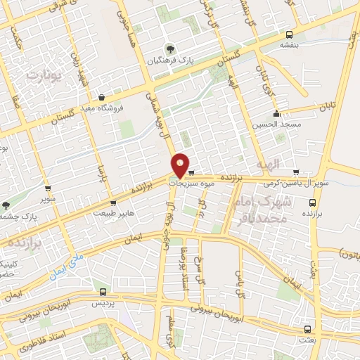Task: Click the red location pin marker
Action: coord(181,165)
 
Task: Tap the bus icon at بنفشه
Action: coord(290,34)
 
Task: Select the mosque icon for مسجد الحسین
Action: coord(277,113)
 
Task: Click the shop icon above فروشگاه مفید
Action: coord(102,97)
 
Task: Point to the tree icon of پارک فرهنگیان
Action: coord(169,49)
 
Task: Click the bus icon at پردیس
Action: coord(103,291)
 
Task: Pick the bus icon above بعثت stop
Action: coord(307,328)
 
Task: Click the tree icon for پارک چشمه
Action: coord(6,205)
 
